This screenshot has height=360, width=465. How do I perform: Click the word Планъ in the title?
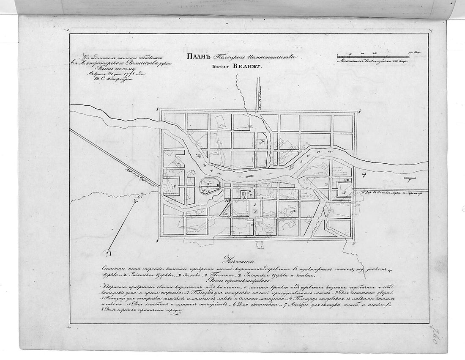point(196,57)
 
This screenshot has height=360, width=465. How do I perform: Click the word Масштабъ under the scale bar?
point(350,61)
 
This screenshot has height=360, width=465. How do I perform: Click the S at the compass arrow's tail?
point(107,253)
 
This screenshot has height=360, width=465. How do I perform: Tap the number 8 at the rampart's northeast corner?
point(359,111)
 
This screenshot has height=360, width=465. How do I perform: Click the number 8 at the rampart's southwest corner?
point(157,240)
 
